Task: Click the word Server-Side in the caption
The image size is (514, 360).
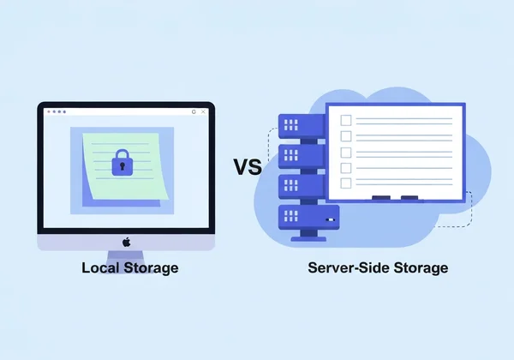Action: pos(345,268)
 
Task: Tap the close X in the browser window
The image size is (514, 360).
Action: pos(205,111)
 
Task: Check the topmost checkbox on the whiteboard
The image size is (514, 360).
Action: pos(345,120)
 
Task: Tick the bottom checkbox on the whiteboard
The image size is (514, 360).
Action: pos(345,183)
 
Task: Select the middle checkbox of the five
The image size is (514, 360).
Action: pos(345,152)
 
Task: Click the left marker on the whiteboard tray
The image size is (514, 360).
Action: pos(381,198)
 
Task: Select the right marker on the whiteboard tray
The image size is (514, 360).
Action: pos(409,198)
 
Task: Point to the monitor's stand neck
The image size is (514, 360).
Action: pos(126,255)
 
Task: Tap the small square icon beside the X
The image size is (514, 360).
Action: pos(194,111)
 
